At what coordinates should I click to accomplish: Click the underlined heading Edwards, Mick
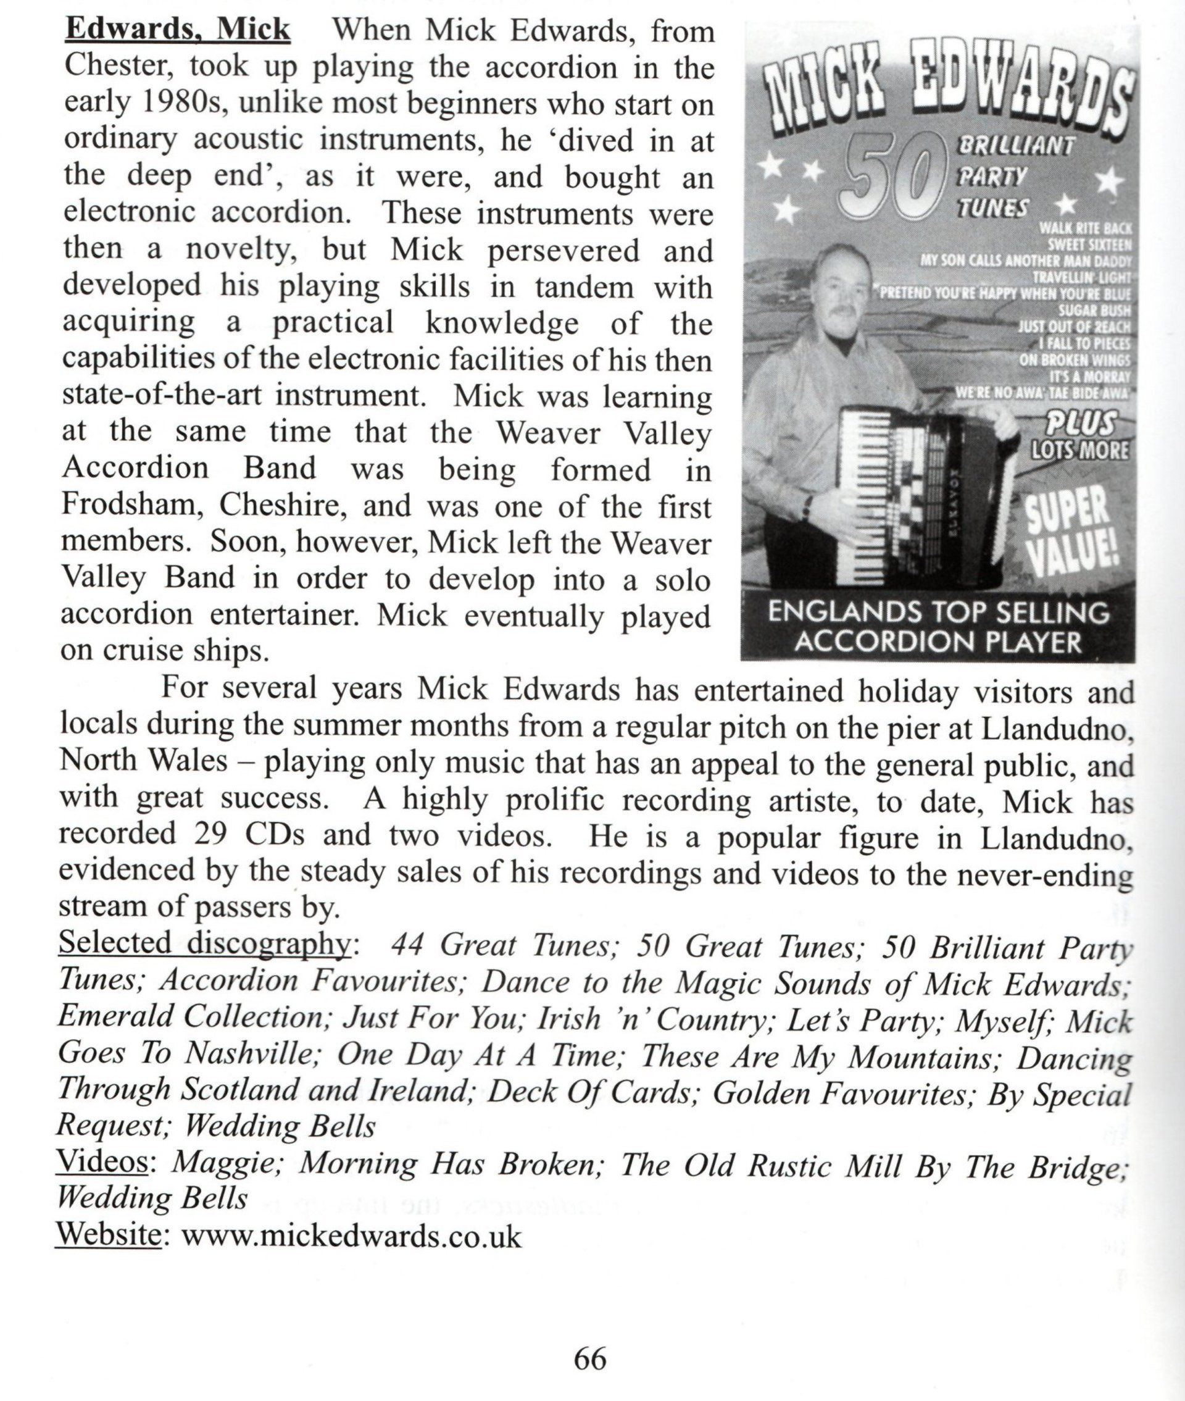[x=177, y=30]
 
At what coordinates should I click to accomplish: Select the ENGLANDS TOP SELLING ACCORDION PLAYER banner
[x=938, y=627]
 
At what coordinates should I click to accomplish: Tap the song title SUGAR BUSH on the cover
[x=1094, y=311]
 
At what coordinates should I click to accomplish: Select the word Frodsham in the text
[x=132, y=505]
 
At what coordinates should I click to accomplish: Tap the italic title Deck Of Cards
[x=589, y=1091]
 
